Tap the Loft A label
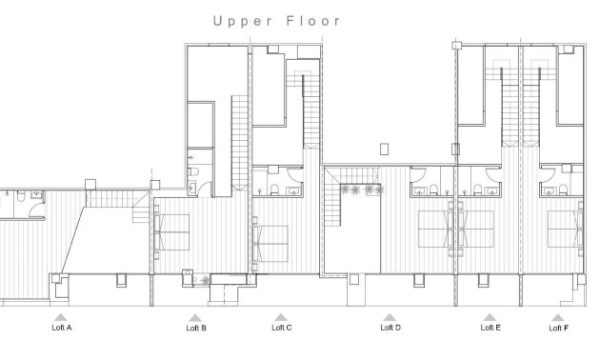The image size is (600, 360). tap(61, 327)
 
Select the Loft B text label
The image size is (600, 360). tap(196, 327)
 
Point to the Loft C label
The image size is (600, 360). tap(281, 327)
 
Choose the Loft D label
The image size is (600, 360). tap(390, 327)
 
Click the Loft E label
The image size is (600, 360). tap(490, 327)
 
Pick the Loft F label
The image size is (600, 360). tap(559, 327)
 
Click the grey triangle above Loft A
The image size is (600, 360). tap(61, 316)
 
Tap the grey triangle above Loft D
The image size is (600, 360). tap(390, 316)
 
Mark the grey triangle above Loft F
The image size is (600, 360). tap(559, 316)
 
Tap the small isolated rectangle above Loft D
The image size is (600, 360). tap(384, 148)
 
